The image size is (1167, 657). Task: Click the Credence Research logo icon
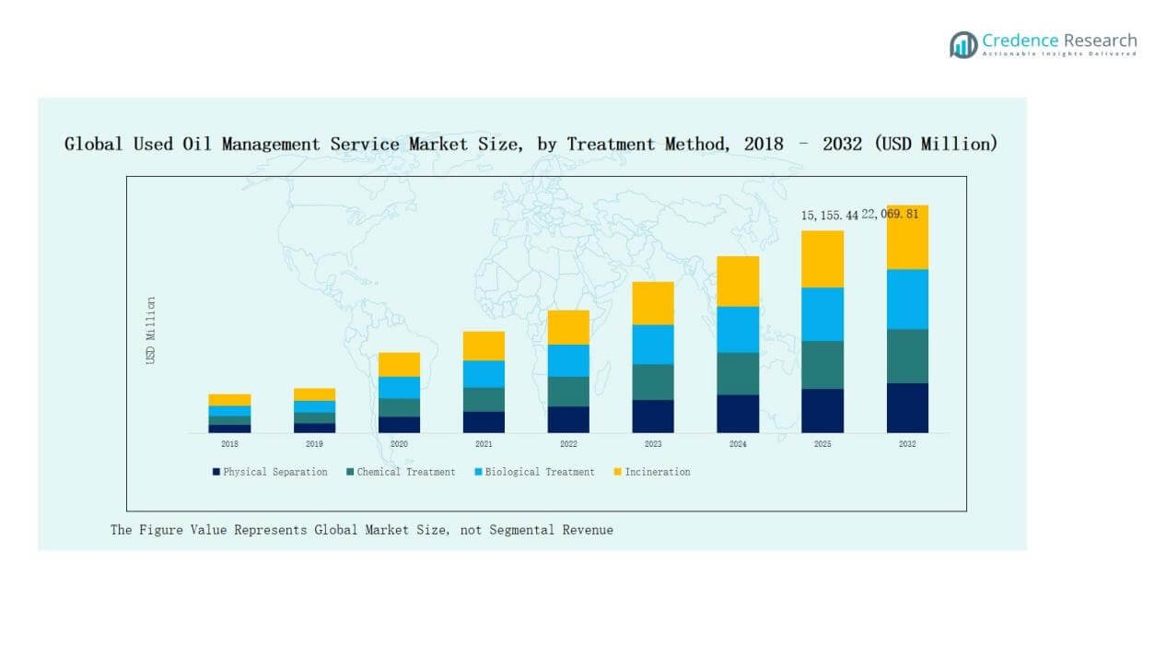[963, 44]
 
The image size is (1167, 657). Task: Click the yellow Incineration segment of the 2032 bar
[907, 237]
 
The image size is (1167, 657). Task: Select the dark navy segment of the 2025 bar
[823, 411]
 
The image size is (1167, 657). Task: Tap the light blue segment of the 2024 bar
[738, 329]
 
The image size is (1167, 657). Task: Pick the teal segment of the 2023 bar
[653, 381]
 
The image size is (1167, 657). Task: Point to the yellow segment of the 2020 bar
[399, 364]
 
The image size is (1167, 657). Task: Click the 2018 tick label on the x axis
[229, 444]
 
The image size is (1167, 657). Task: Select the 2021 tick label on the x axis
[484, 444]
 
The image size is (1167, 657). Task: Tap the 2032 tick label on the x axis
[907, 444]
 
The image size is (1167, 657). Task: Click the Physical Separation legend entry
[270, 472]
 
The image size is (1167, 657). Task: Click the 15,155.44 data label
[829, 215]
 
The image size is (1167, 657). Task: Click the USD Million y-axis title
[151, 330]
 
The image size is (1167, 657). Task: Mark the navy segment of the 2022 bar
[568, 419]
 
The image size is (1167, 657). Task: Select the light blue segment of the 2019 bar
[314, 406]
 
